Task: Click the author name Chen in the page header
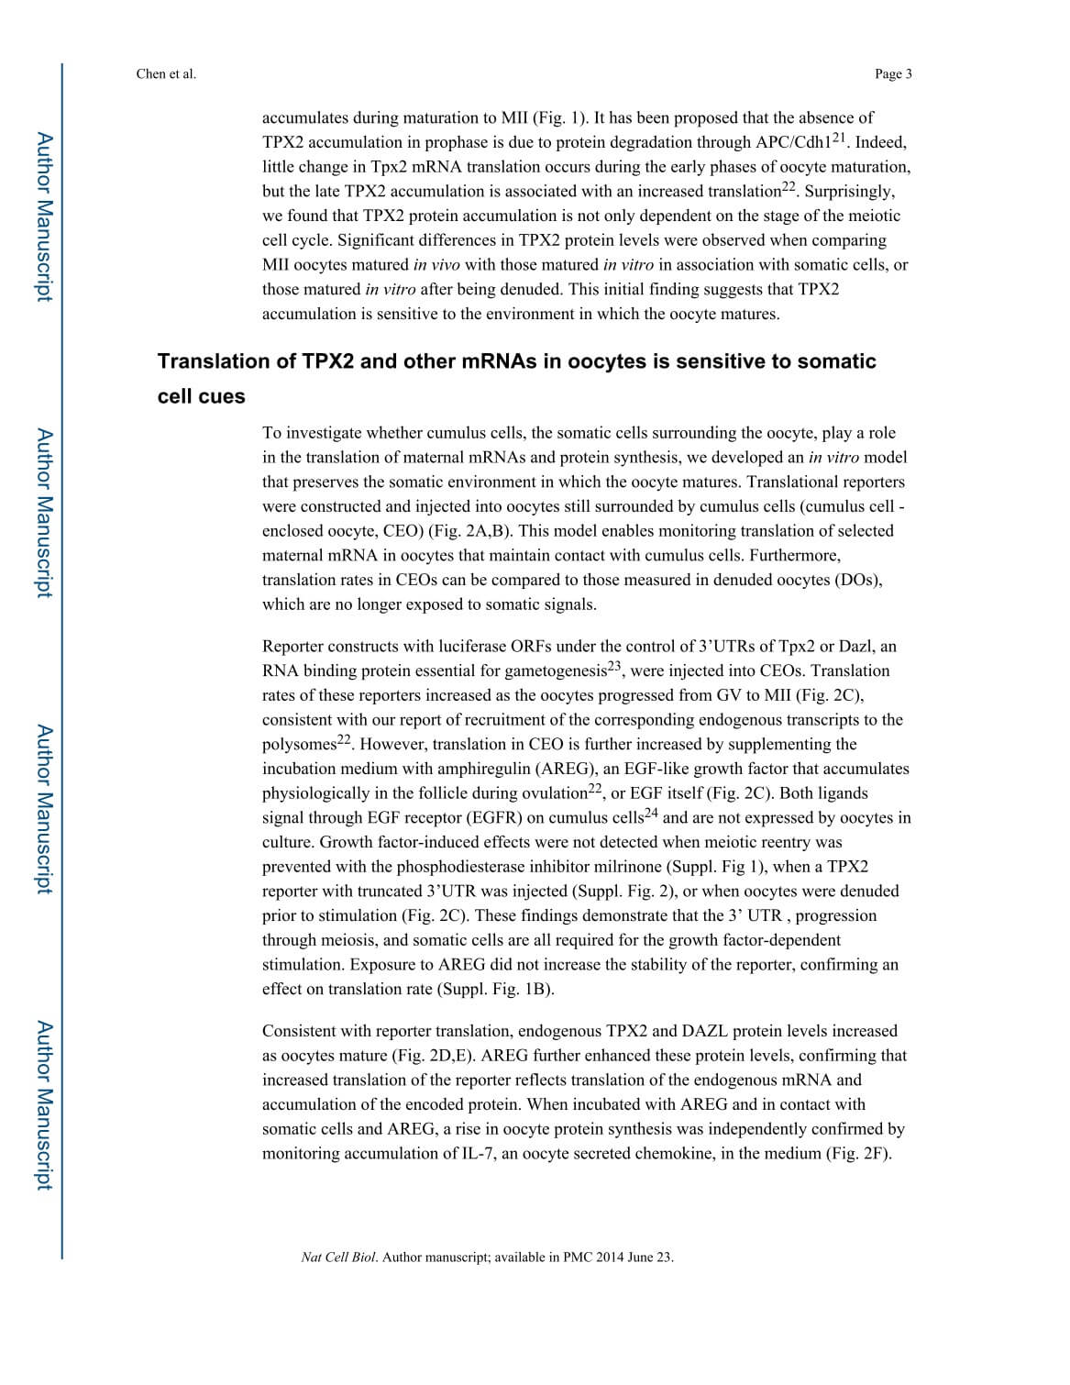(150, 74)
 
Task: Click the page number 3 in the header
(909, 74)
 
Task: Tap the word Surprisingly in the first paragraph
(847, 191)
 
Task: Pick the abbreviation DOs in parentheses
(857, 580)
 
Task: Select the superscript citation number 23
(614, 665)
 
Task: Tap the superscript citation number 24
(651, 812)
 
